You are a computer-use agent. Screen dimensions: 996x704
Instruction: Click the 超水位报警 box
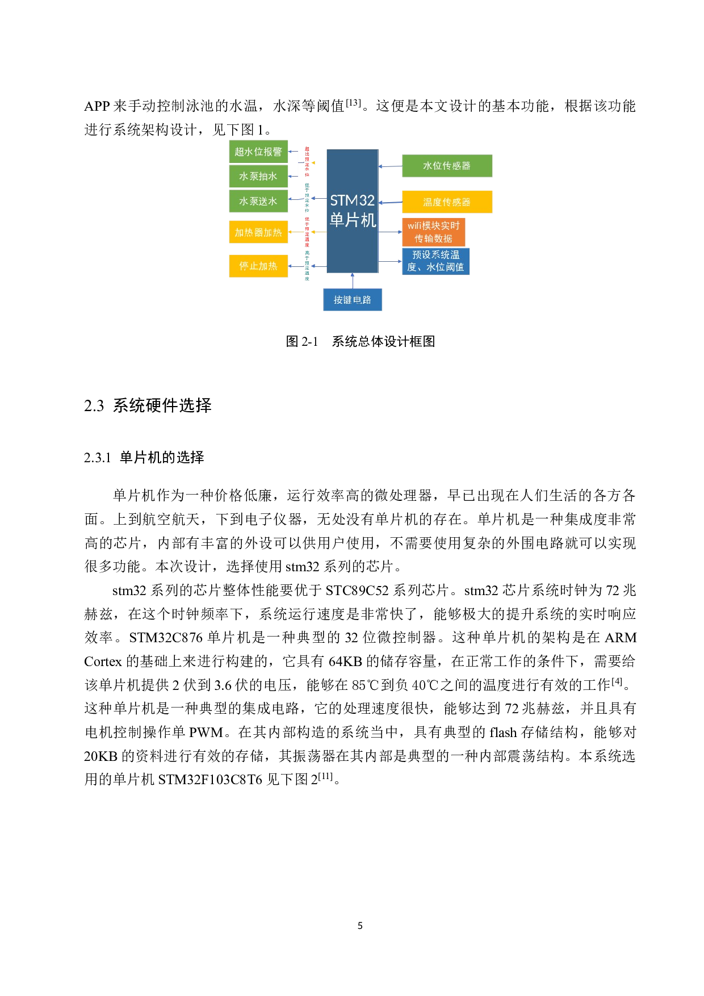(258, 152)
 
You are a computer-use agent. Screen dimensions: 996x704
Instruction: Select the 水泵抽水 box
(258, 176)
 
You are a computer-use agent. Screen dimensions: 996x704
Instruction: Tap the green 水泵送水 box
(258, 201)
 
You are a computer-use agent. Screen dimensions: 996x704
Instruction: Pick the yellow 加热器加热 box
(258, 232)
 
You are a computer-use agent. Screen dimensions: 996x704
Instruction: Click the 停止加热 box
(258, 266)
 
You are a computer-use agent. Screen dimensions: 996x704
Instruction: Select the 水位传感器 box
(447, 166)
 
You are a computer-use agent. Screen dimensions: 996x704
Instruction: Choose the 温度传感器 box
(447, 202)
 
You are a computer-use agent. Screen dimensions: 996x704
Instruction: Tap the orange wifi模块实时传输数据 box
(433, 232)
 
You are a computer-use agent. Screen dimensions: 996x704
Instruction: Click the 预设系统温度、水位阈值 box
(435, 261)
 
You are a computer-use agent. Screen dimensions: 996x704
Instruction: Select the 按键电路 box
(352, 300)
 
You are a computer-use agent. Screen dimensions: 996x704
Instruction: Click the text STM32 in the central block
(352, 200)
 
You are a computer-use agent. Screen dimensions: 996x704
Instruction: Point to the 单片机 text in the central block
(353, 220)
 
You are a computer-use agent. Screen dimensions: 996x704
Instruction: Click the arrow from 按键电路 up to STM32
(353, 281)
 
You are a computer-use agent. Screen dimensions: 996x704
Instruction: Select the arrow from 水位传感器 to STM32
(390, 166)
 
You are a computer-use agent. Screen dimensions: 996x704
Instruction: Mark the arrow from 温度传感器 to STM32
(390, 203)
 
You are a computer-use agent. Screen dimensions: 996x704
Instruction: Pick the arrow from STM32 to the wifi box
(390, 232)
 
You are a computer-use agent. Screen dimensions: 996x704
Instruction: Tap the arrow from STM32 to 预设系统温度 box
(390, 261)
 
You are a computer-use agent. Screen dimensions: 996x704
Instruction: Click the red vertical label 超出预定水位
(307, 162)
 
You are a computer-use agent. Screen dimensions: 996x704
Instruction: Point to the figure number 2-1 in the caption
(309, 341)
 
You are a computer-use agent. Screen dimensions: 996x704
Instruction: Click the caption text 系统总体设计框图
(383, 341)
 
